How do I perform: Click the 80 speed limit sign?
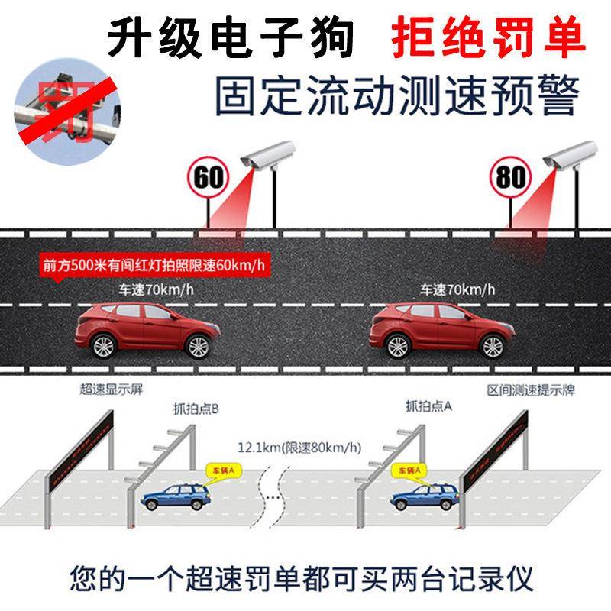pyautogui.click(x=510, y=177)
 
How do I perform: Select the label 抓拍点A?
pyautogui.click(x=429, y=406)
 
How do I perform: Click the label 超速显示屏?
pyautogui.click(x=112, y=390)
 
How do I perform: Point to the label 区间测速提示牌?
pyautogui.click(x=532, y=390)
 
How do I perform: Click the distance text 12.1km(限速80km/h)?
pyautogui.click(x=299, y=448)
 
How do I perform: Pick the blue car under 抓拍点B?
pyautogui.click(x=175, y=496)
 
